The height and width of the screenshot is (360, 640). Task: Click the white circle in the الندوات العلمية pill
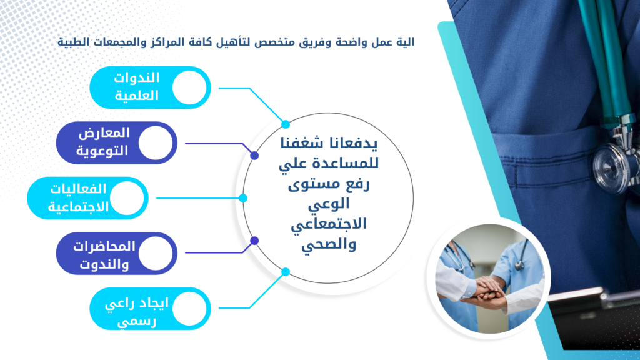click(189, 87)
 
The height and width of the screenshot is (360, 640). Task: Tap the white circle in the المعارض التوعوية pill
click(156, 143)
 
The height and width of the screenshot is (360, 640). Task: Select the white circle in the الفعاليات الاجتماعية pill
click(127, 198)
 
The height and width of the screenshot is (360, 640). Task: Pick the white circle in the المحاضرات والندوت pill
click(156, 254)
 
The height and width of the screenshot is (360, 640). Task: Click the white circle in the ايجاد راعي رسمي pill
click(189, 309)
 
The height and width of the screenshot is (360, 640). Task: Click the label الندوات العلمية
click(136, 86)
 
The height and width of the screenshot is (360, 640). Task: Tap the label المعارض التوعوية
click(103, 142)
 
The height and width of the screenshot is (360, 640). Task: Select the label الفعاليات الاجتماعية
click(78, 198)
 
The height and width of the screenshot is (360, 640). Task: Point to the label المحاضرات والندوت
click(104, 255)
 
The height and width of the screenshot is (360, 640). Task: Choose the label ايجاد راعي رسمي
click(137, 312)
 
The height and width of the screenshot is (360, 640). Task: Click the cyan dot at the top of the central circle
click(286, 124)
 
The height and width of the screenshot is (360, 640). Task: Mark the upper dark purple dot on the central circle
click(254, 156)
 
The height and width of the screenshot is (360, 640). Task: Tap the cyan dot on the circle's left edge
click(243, 198)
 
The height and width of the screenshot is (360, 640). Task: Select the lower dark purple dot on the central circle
click(254, 241)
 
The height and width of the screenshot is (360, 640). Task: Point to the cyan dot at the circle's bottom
click(286, 272)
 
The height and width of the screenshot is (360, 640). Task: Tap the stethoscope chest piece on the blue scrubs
click(616, 165)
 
